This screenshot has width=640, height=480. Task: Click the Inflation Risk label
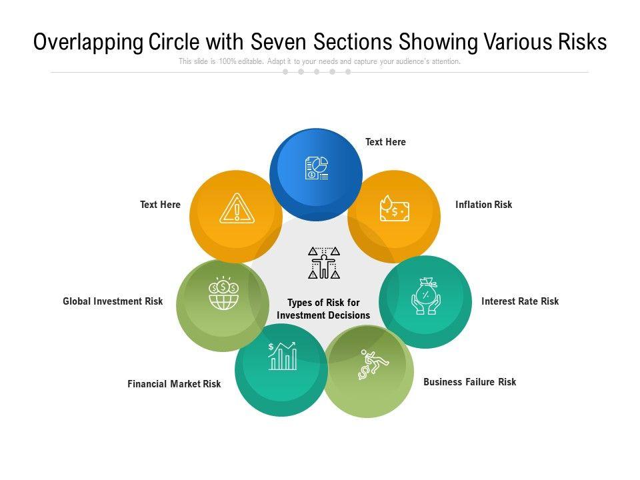point(483,205)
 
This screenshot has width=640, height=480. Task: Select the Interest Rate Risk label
point(520,301)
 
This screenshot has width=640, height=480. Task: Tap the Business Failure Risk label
point(469,382)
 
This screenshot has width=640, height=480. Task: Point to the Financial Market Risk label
point(174,384)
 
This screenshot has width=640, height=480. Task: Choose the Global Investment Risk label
point(113,301)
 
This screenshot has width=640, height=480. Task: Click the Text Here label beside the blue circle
point(385,142)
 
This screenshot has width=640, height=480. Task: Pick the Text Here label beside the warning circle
point(160,205)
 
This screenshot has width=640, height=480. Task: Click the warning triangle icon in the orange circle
point(237,209)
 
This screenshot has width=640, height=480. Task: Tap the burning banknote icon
point(394,209)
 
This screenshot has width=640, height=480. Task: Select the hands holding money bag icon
point(425,296)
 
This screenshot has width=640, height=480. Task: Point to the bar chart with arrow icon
point(282,356)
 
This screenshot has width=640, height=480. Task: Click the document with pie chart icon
point(317,168)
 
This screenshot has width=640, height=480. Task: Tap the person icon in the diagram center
point(324,263)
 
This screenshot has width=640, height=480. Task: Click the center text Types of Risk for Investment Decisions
point(323,309)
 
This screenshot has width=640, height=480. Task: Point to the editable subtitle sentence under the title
point(319,61)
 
